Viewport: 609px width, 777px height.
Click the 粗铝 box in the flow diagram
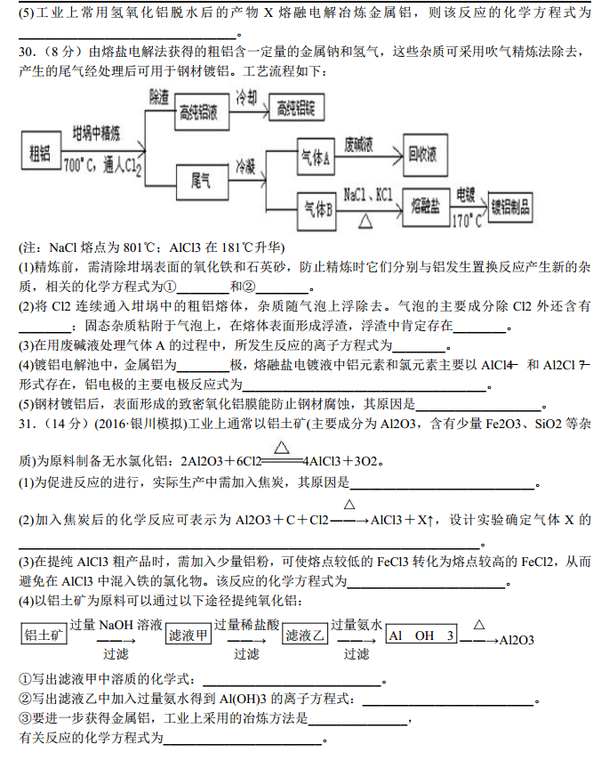(39, 153)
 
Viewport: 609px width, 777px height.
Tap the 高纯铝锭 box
(296, 109)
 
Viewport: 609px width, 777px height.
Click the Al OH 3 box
(422, 635)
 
